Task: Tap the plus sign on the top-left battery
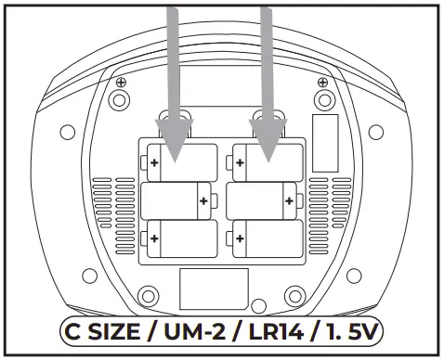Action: [154, 163]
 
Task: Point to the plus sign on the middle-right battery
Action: [289, 199]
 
